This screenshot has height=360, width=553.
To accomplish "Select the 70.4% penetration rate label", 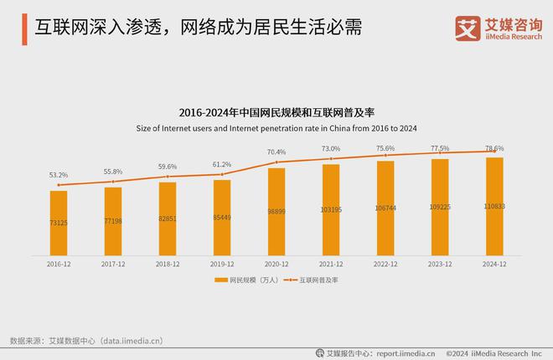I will click(276, 152).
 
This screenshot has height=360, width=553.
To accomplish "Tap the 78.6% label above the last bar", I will click(494, 147).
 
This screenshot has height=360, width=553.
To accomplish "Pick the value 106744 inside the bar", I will click(385, 208).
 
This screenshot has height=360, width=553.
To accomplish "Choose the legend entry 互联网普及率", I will click(318, 280).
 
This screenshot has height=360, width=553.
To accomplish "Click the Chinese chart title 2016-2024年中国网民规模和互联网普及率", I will click(276, 112).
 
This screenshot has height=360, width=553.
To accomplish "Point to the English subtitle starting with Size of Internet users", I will click(276, 128).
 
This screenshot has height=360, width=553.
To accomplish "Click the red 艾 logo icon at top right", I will click(466, 27).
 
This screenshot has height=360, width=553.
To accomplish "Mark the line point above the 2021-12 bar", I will click(331, 157).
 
